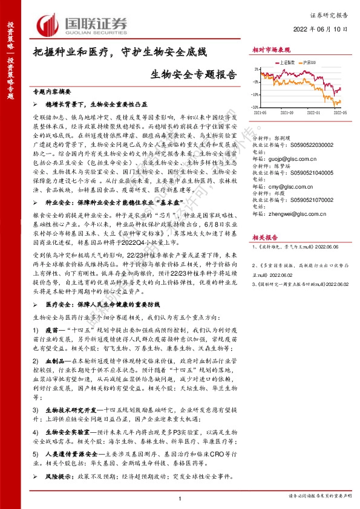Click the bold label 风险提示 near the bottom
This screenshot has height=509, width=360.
[x=57, y=476]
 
